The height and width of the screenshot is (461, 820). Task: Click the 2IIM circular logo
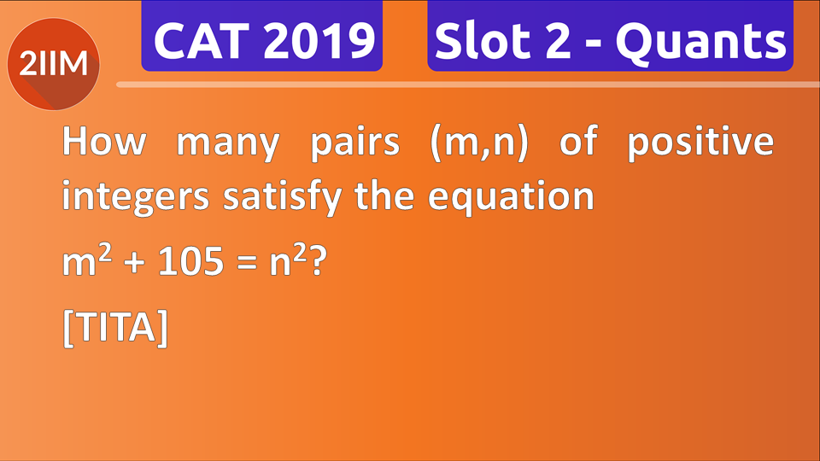tap(53, 62)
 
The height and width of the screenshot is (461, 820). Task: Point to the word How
tap(103, 143)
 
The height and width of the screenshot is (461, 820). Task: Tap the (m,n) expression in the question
tap(479, 143)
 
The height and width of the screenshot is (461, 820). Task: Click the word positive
tap(700, 143)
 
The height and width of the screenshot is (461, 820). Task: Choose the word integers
tap(136, 198)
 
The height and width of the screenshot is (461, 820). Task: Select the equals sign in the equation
tap(249, 263)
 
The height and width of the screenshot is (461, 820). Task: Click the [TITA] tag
tap(115, 329)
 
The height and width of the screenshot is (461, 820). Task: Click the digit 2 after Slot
tap(555, 40)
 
